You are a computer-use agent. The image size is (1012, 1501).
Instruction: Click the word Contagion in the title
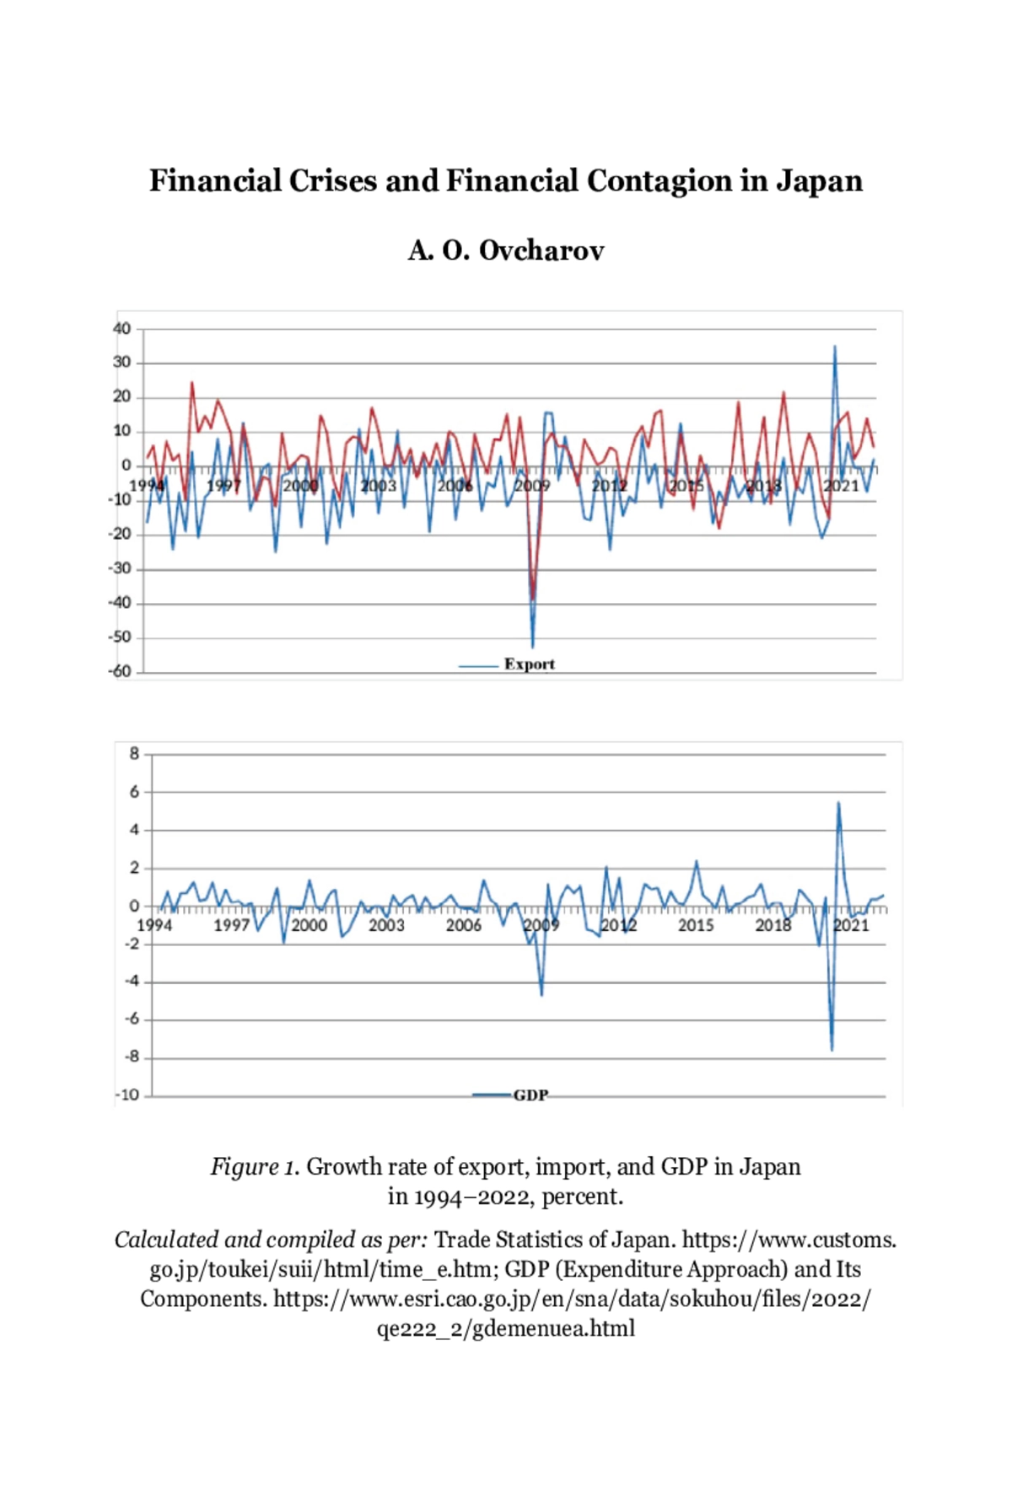tap(659, 181)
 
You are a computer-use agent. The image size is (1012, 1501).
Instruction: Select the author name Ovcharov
tap(541, 250)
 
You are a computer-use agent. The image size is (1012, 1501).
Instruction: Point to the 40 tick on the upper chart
tap(122, 329)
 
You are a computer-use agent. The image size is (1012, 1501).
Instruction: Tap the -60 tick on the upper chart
tap(121, 672)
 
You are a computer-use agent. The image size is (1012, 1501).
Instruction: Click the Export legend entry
tap(529, 664)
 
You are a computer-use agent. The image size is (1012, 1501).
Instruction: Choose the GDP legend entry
tap(530, 1095)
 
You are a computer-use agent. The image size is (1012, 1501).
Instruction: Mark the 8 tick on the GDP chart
tap(134, 754)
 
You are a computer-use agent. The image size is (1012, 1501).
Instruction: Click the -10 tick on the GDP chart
tap(128, 1095)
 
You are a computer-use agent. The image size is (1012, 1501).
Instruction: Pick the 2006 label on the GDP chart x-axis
tap(463, 925)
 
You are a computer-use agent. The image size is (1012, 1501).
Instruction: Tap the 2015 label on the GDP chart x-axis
tap(696, 925)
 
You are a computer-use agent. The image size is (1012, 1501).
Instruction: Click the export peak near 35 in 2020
tap(835, 347)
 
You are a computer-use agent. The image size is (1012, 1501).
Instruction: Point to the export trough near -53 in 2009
tap(532, 647)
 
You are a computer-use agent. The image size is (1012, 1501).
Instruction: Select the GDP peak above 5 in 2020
tap(838, 803)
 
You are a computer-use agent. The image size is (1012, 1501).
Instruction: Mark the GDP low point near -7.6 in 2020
tap(832, 1049)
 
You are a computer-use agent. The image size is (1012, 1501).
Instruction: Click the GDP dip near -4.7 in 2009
tap(541, 995)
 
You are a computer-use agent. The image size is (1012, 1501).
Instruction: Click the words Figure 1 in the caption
tap(255, 1167)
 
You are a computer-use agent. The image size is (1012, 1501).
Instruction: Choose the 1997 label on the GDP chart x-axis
tap(231, 925)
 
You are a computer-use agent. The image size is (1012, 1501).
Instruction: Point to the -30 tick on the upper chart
tap(121, 569)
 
